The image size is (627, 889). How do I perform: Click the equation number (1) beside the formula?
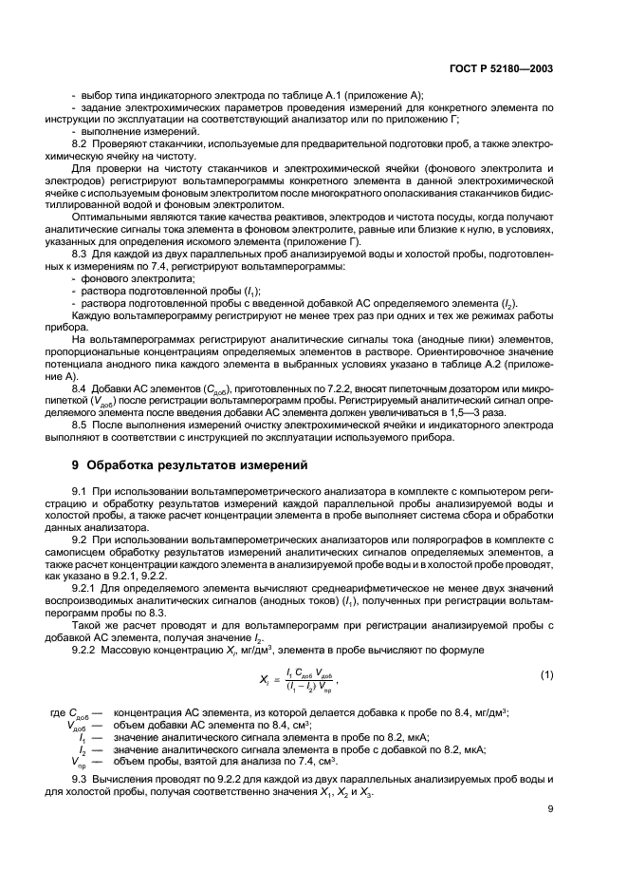tap(545, 673)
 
